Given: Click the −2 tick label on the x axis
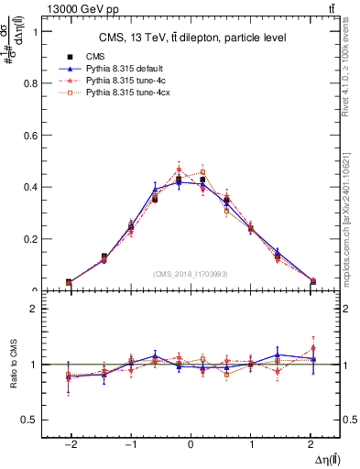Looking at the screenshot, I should (69, 442).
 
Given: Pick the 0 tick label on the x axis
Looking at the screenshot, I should (191, 442).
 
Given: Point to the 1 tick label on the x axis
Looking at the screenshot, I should (251, 442).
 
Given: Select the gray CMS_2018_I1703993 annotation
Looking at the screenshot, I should (191, 274).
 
